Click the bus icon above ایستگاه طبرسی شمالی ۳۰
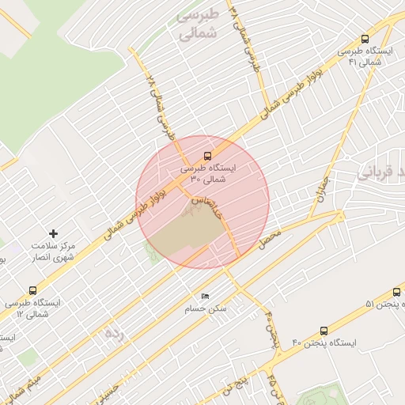coord(207,156)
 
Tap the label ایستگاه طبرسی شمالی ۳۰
coord(203,174)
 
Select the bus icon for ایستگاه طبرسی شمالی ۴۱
coord(365,38)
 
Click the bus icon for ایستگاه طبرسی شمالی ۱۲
coord(32,290)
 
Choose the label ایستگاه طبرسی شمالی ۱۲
coord(32,308)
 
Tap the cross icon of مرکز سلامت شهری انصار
coord(53,233)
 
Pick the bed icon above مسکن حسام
coord(206,296)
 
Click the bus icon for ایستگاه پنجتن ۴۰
coord(324,331)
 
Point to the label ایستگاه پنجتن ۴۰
coord(324,343)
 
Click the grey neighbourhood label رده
coord(115,334)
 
